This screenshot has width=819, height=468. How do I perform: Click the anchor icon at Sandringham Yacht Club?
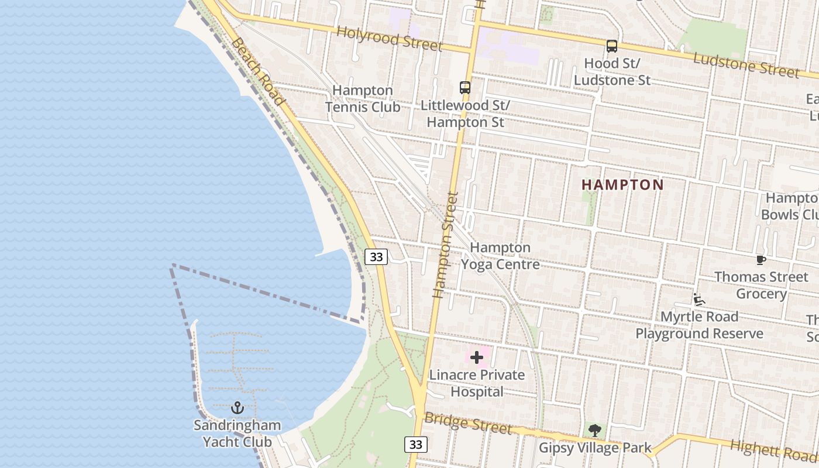click(238, 407)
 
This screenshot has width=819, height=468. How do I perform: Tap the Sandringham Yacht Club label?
click(238, 433)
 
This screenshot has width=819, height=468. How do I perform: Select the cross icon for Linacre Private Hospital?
click(477, 357)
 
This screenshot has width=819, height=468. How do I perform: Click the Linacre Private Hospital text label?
click(477, 383)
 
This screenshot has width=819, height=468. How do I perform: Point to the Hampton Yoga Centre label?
click(500, 256)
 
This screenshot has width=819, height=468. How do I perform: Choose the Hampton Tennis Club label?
click(363, 99)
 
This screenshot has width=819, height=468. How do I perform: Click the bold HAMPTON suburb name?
click(622, 185)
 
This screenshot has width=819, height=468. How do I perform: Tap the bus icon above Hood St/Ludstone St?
click(612, 46)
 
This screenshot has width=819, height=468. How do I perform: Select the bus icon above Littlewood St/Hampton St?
click(465, 88)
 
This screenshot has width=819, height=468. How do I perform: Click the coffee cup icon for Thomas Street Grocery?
click(760, 260)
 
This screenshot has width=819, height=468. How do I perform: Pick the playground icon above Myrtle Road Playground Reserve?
click(698, 300)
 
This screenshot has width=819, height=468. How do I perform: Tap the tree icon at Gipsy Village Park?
click(595, 431)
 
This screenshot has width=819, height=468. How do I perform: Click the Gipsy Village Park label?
click(595, 449)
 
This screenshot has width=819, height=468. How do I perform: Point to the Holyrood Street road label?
click(390, 38)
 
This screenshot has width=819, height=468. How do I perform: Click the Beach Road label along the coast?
click(257, 71)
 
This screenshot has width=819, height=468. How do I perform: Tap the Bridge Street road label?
click(468, 424)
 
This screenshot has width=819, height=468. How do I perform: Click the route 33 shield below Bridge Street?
click(415, 445)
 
